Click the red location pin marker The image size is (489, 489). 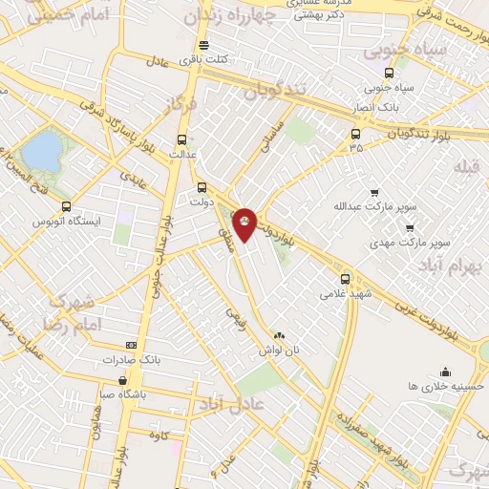(245, 223)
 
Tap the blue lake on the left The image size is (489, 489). (41, 150)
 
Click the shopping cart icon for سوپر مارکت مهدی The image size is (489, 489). (410, 227)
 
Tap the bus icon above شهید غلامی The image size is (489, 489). (346, 279)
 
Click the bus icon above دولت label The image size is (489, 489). (202, 187)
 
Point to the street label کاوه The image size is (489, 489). (159, 436)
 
